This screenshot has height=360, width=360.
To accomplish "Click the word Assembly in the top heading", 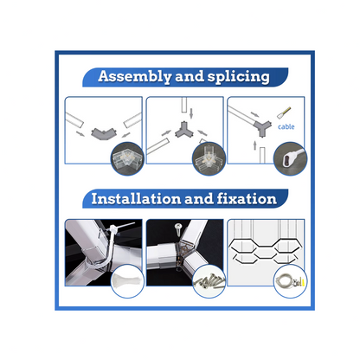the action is [x=135, y=77].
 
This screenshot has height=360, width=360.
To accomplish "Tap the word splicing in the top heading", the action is [x=239, y=77].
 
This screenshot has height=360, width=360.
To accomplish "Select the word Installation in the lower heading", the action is [x=136, y=199].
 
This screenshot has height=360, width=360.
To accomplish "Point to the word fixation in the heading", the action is [x=247, y=199].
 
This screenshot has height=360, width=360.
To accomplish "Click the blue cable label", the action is [x=286, y=126].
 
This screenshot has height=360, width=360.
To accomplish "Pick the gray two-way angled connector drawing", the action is [x=104, y=133].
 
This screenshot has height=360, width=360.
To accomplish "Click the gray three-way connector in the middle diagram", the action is [x=183, y=130].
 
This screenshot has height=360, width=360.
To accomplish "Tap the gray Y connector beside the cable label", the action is [x=263, y=129].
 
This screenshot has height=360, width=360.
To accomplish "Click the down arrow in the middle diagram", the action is [x=191, y=113].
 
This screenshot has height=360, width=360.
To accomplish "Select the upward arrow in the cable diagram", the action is [x=254, y=145].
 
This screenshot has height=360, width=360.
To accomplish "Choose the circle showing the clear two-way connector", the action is [x=127, y=159].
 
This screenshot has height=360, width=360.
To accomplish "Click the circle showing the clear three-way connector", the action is [x=209, y=159].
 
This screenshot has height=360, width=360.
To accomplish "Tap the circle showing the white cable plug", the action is [x=290, y=159].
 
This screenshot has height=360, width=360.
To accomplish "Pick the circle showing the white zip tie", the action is [x=127, y=281].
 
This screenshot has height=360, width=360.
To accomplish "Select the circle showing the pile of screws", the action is [x=209, y=281].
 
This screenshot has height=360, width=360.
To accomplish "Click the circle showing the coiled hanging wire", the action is [x=290, y=281].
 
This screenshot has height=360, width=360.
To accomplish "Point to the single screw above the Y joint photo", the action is [x=177, y=228].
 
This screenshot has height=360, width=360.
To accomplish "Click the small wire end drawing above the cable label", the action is [x=285, y=113].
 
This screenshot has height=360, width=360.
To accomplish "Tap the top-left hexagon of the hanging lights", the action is [x=243, y=246].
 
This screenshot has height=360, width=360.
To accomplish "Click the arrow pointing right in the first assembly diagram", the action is [x=80, y=133].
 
